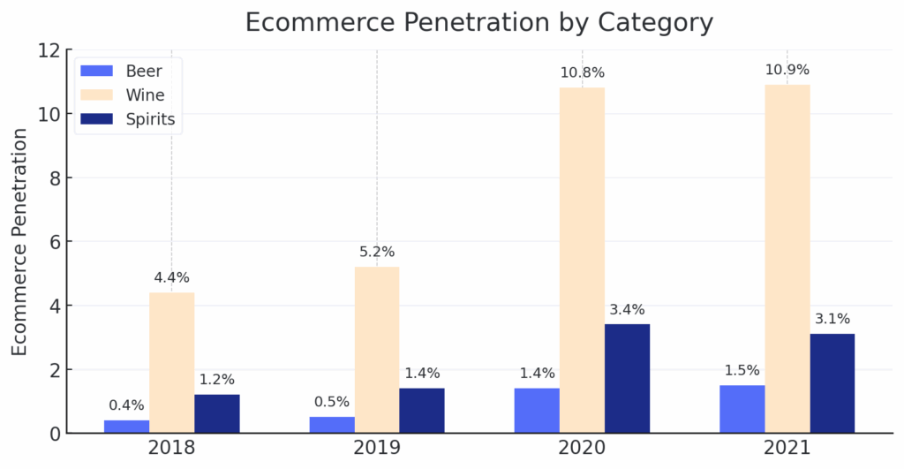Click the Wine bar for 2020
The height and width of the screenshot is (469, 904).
[582, 261]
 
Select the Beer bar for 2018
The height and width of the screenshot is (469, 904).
[126, 427]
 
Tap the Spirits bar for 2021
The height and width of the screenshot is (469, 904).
[832, 383]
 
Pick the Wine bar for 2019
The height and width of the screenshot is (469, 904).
[377, 350]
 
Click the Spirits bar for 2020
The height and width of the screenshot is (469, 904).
[627, 378]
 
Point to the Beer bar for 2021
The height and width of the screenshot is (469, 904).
[742, 409]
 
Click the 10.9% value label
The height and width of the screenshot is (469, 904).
[787, 70]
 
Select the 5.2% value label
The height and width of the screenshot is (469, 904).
[377, 252]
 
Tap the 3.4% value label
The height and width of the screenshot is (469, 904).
[627, 310]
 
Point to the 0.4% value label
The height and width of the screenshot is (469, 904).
[126, 405]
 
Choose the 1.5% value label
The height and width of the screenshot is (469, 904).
[742, 370]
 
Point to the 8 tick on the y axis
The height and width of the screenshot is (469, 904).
[54, 178]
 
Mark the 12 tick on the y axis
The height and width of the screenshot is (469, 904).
[49, 50]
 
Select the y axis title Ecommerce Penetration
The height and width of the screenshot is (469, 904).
[20, 242]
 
